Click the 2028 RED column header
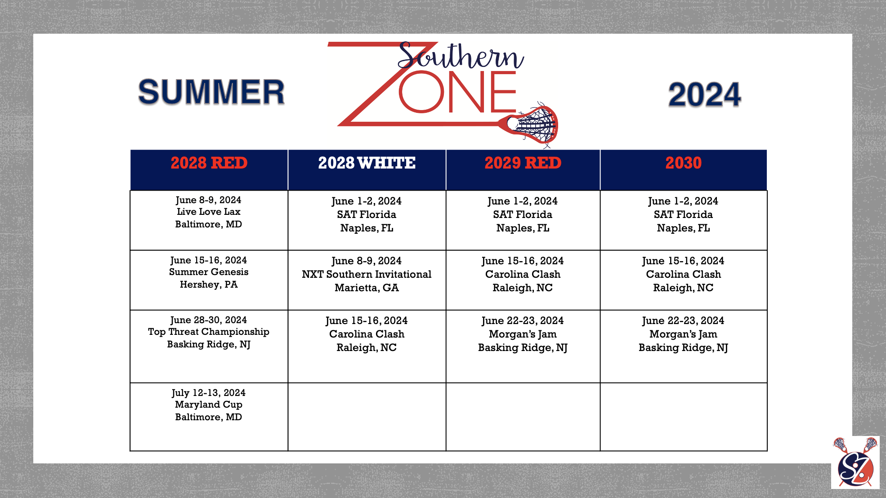tap(209, 163)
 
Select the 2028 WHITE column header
tap(367, 163)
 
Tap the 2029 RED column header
tap(523, 163)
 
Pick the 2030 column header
tap(683, 163)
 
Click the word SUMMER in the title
tap(211, 92)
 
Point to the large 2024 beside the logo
tap(704, 95)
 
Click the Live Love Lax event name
tap(209, 212)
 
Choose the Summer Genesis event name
tap(209, 272)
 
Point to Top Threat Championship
tap(209, 332)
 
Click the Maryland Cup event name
tap(209, 405)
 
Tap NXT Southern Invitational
tap(367, 274)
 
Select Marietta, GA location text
tap(367, 288)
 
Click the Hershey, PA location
tap(209, 285)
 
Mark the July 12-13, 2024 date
tap(209, 393)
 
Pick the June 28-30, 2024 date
tap(209, 320)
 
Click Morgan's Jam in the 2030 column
tap(683, 334)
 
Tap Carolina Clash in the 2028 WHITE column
tap(367, 334)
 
